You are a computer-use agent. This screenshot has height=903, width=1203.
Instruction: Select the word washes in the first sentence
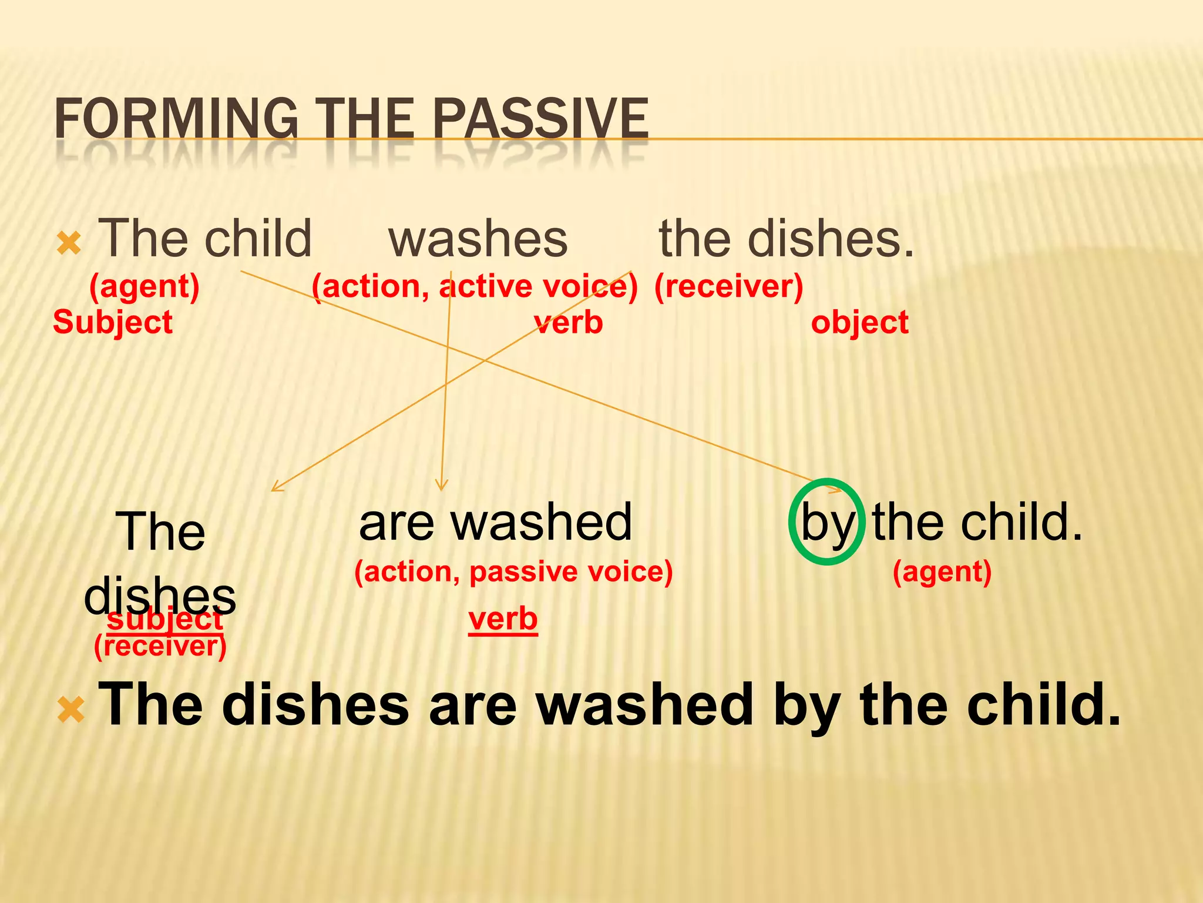478,239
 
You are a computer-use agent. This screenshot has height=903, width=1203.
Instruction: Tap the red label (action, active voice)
475,287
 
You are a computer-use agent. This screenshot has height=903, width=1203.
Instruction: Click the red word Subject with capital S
113,322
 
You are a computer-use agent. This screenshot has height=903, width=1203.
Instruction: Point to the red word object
859,322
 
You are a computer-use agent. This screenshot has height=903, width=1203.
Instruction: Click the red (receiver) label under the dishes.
728,287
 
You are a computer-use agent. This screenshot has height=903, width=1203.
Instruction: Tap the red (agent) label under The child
145,287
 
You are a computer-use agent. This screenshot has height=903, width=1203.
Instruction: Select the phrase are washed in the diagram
495,523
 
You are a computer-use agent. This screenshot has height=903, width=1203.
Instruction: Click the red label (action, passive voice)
513,571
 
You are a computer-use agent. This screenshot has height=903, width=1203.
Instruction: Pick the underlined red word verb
503,620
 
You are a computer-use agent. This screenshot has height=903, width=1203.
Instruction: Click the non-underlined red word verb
569,322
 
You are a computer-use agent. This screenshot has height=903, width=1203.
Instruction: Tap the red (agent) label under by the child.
942,571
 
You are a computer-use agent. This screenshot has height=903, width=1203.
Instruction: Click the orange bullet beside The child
69,243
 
